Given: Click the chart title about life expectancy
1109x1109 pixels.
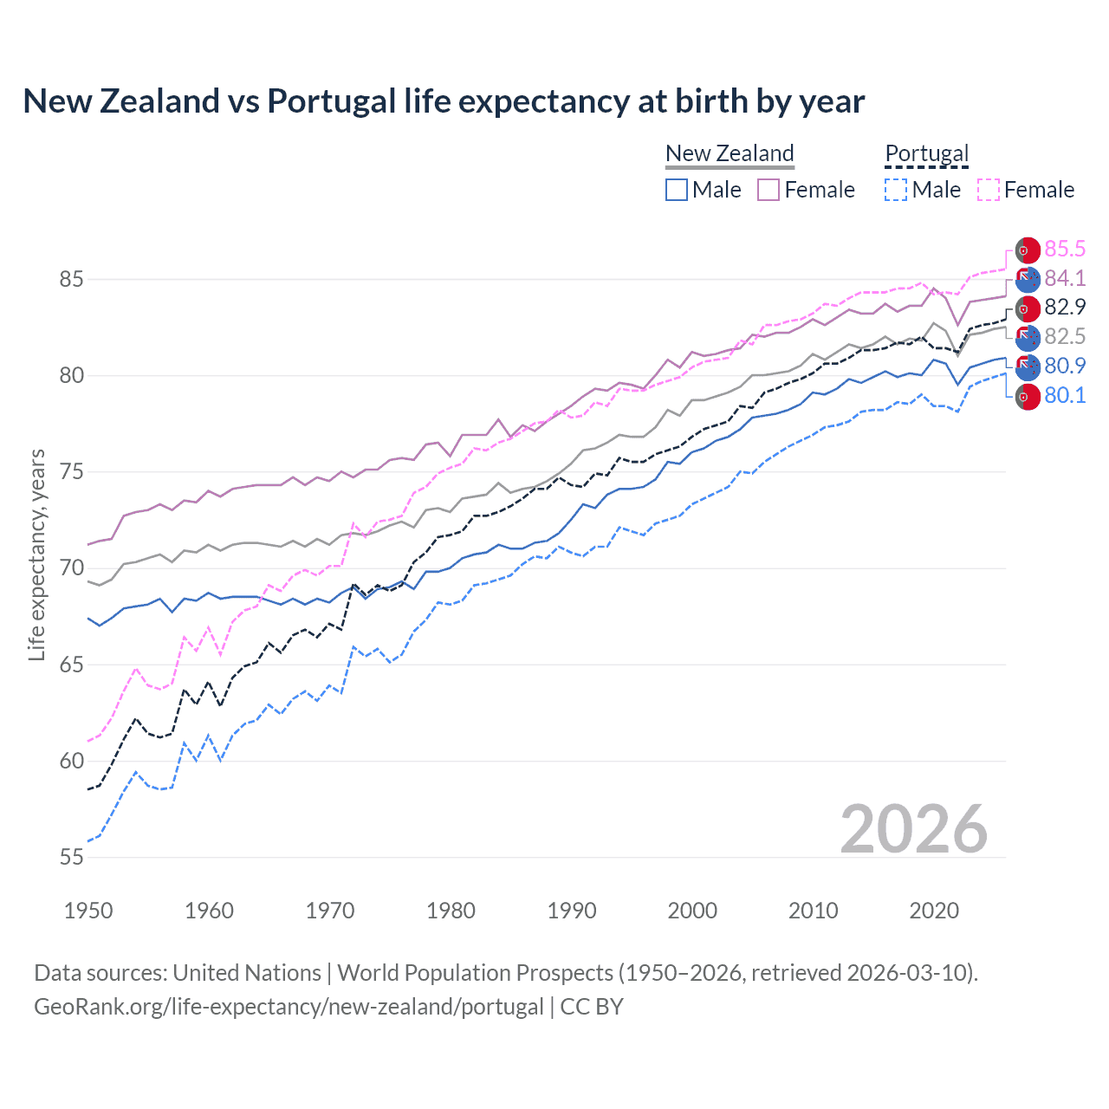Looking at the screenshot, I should pyautogui.click(x=443, y=101).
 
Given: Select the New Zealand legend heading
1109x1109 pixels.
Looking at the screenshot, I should pyautogui.click(x=730, y=153).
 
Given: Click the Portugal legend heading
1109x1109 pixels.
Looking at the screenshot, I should pyautogui.click(x=926, y=153).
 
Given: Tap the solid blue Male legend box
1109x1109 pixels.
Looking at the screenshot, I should pyautogui.click(x=677, y=190).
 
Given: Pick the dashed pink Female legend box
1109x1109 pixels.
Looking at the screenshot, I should pyautogui.click(x=989, y=190).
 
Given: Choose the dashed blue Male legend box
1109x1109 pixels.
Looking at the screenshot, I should pyautogui.click(x=896, y=190).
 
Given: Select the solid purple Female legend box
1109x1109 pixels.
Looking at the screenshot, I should pyautogui.click(x=769, y=190).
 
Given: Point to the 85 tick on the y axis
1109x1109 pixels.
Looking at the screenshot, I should pyautogui.click(x=71, y=280).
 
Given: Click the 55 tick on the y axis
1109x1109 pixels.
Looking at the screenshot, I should pyautogui.click(x=71, y=858).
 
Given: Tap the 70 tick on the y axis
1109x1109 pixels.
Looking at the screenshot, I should pyautogui.click(x=71, y=568).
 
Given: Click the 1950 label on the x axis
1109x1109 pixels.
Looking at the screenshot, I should pyautogui.click(x=88, y=911).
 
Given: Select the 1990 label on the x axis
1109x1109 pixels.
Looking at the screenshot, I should pyautogui.click(x=572, y=911).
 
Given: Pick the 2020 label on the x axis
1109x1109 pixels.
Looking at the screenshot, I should pyautogui.click(x=934, y=911).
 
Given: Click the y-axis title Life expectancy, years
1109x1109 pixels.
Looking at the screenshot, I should pyautogui.click(x=36, y=554).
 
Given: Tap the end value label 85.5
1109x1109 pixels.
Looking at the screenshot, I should pyautogui.click(x=1064, y=250).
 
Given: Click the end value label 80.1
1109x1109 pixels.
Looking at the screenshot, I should pyautogui.click(x=1064, y=396).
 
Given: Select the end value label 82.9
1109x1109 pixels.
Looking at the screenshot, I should pyautogui.click(x=1064, y=308).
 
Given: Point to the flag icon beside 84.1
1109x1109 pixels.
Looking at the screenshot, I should pyautogui.click(x=1027, y=279).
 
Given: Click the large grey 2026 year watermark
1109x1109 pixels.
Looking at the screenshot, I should pyautogui.click(x=913, y=829).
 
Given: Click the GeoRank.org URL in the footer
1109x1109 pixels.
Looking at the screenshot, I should pyautogui.click(x=289, y=1007).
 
